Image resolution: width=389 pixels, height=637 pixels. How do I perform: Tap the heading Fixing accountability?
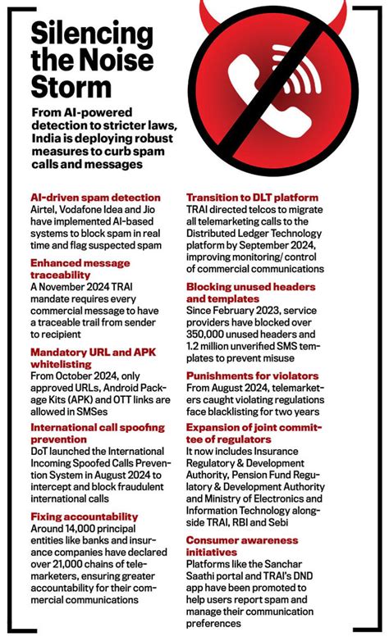(84, 516)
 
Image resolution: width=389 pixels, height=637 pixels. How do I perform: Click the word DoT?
(40, 451)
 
